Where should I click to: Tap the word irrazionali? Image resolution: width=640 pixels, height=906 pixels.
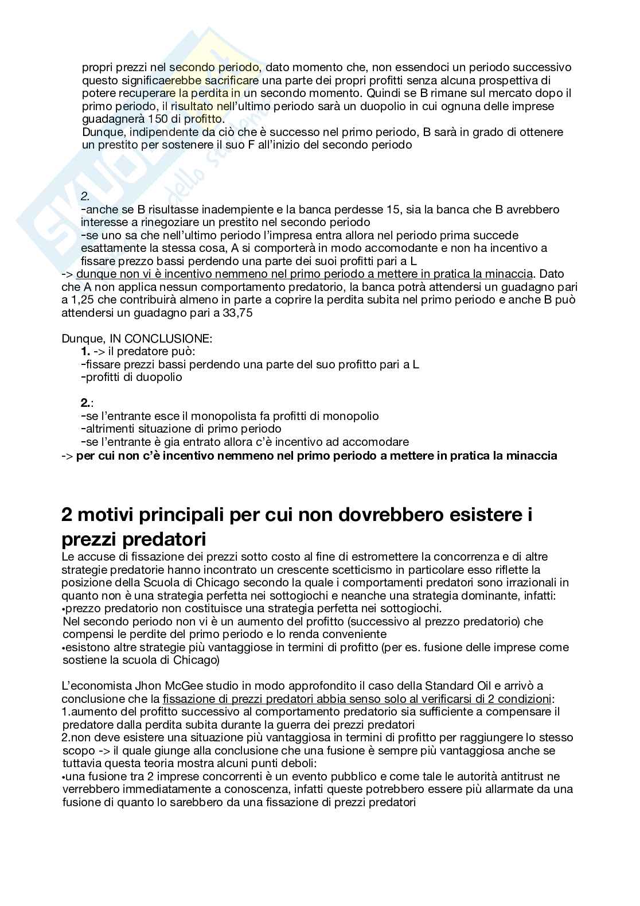coord(544,582)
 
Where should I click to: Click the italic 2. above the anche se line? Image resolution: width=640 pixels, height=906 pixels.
coord(85,196)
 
